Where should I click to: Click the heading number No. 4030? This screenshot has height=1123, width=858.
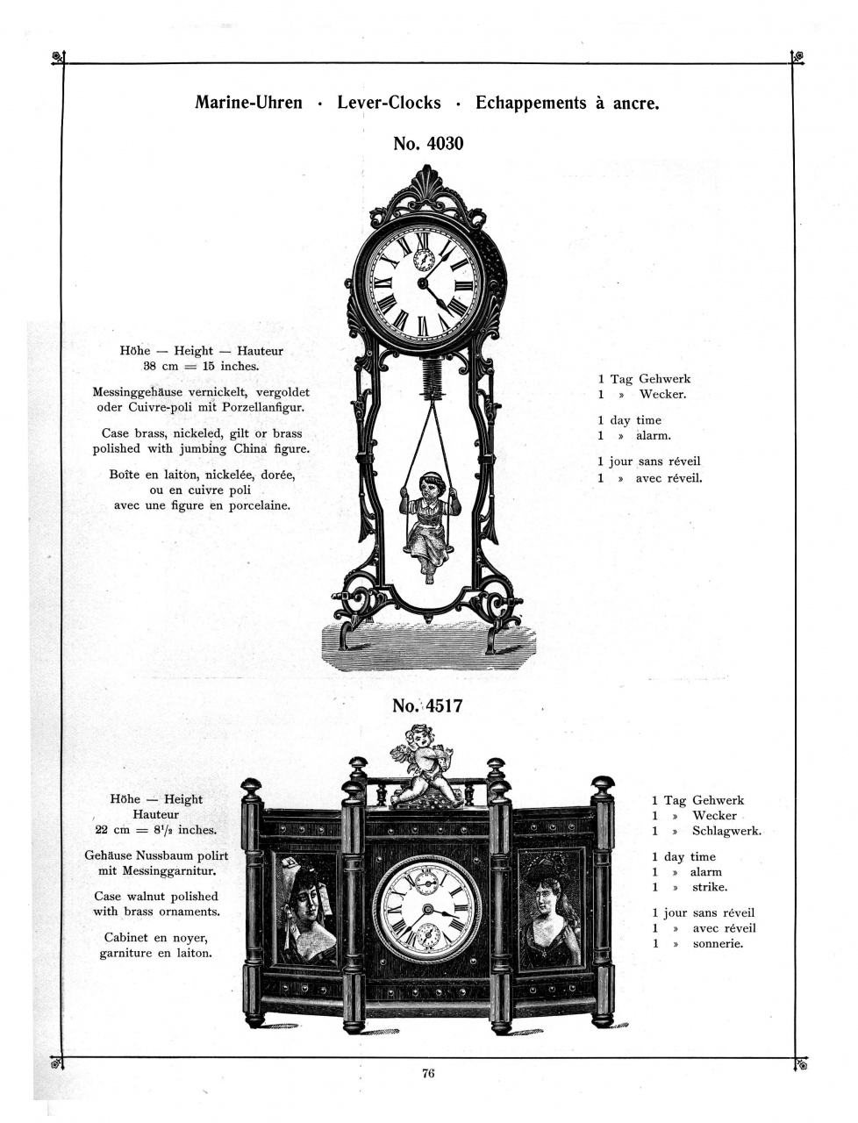(428, 144)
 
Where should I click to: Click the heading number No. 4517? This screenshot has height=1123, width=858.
(428, 706)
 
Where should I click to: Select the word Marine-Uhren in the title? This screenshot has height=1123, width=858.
(248, 103)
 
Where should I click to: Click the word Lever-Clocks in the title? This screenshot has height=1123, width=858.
(389, 103)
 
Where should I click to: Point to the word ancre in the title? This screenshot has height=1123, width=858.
(636, 104)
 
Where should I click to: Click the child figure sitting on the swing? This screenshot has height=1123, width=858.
(429, 527)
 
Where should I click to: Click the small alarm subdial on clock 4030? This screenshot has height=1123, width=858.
(424, 260)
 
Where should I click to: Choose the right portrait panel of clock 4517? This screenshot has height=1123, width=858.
(552, 909)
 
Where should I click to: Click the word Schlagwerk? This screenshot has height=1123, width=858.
(726, 831)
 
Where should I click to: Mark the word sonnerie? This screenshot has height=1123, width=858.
(718, 943)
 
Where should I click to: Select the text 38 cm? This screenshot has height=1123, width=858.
(161, 367)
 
